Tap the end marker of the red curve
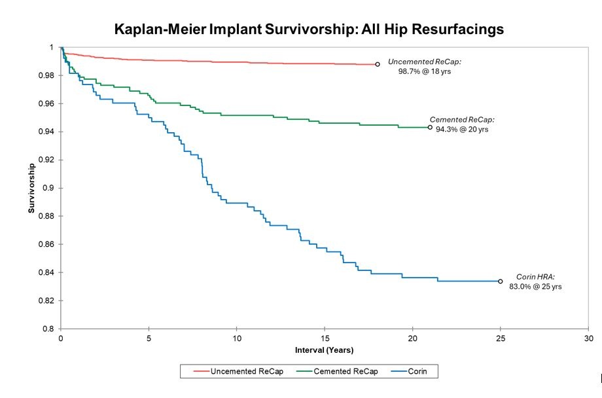[x=378, y=64]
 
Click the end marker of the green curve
[x=430, y=128]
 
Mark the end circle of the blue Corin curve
[x=501, y=281]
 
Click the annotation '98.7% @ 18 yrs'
[x=425, y=71]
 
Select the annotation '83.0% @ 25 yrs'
[x=535, y=287]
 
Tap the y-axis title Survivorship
[x=31, y=188]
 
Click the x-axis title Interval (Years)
[x=325, y=350]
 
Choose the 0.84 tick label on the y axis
[x=48, y=272]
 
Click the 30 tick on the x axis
[x=588, y=338]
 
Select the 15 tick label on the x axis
[x=325, y=338]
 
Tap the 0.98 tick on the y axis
[x=48, y=75]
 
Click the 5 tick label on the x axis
[x=149, y=338]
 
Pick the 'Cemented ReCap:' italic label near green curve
[x=462, y=120]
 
